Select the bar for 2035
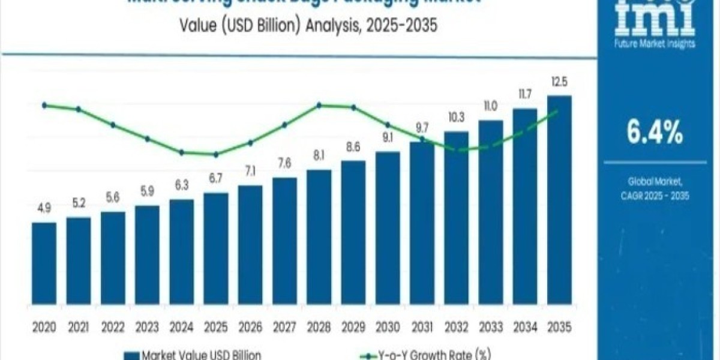click(x=559, y=204)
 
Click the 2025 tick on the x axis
click(x=215, y=327)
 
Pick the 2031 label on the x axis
click(x=422, y=327)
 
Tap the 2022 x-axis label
click(x=113, y=327)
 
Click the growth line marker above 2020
click(x=44, y=105)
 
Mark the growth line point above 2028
click(x=319, y=105)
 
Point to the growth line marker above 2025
click(x=215, y=154)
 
